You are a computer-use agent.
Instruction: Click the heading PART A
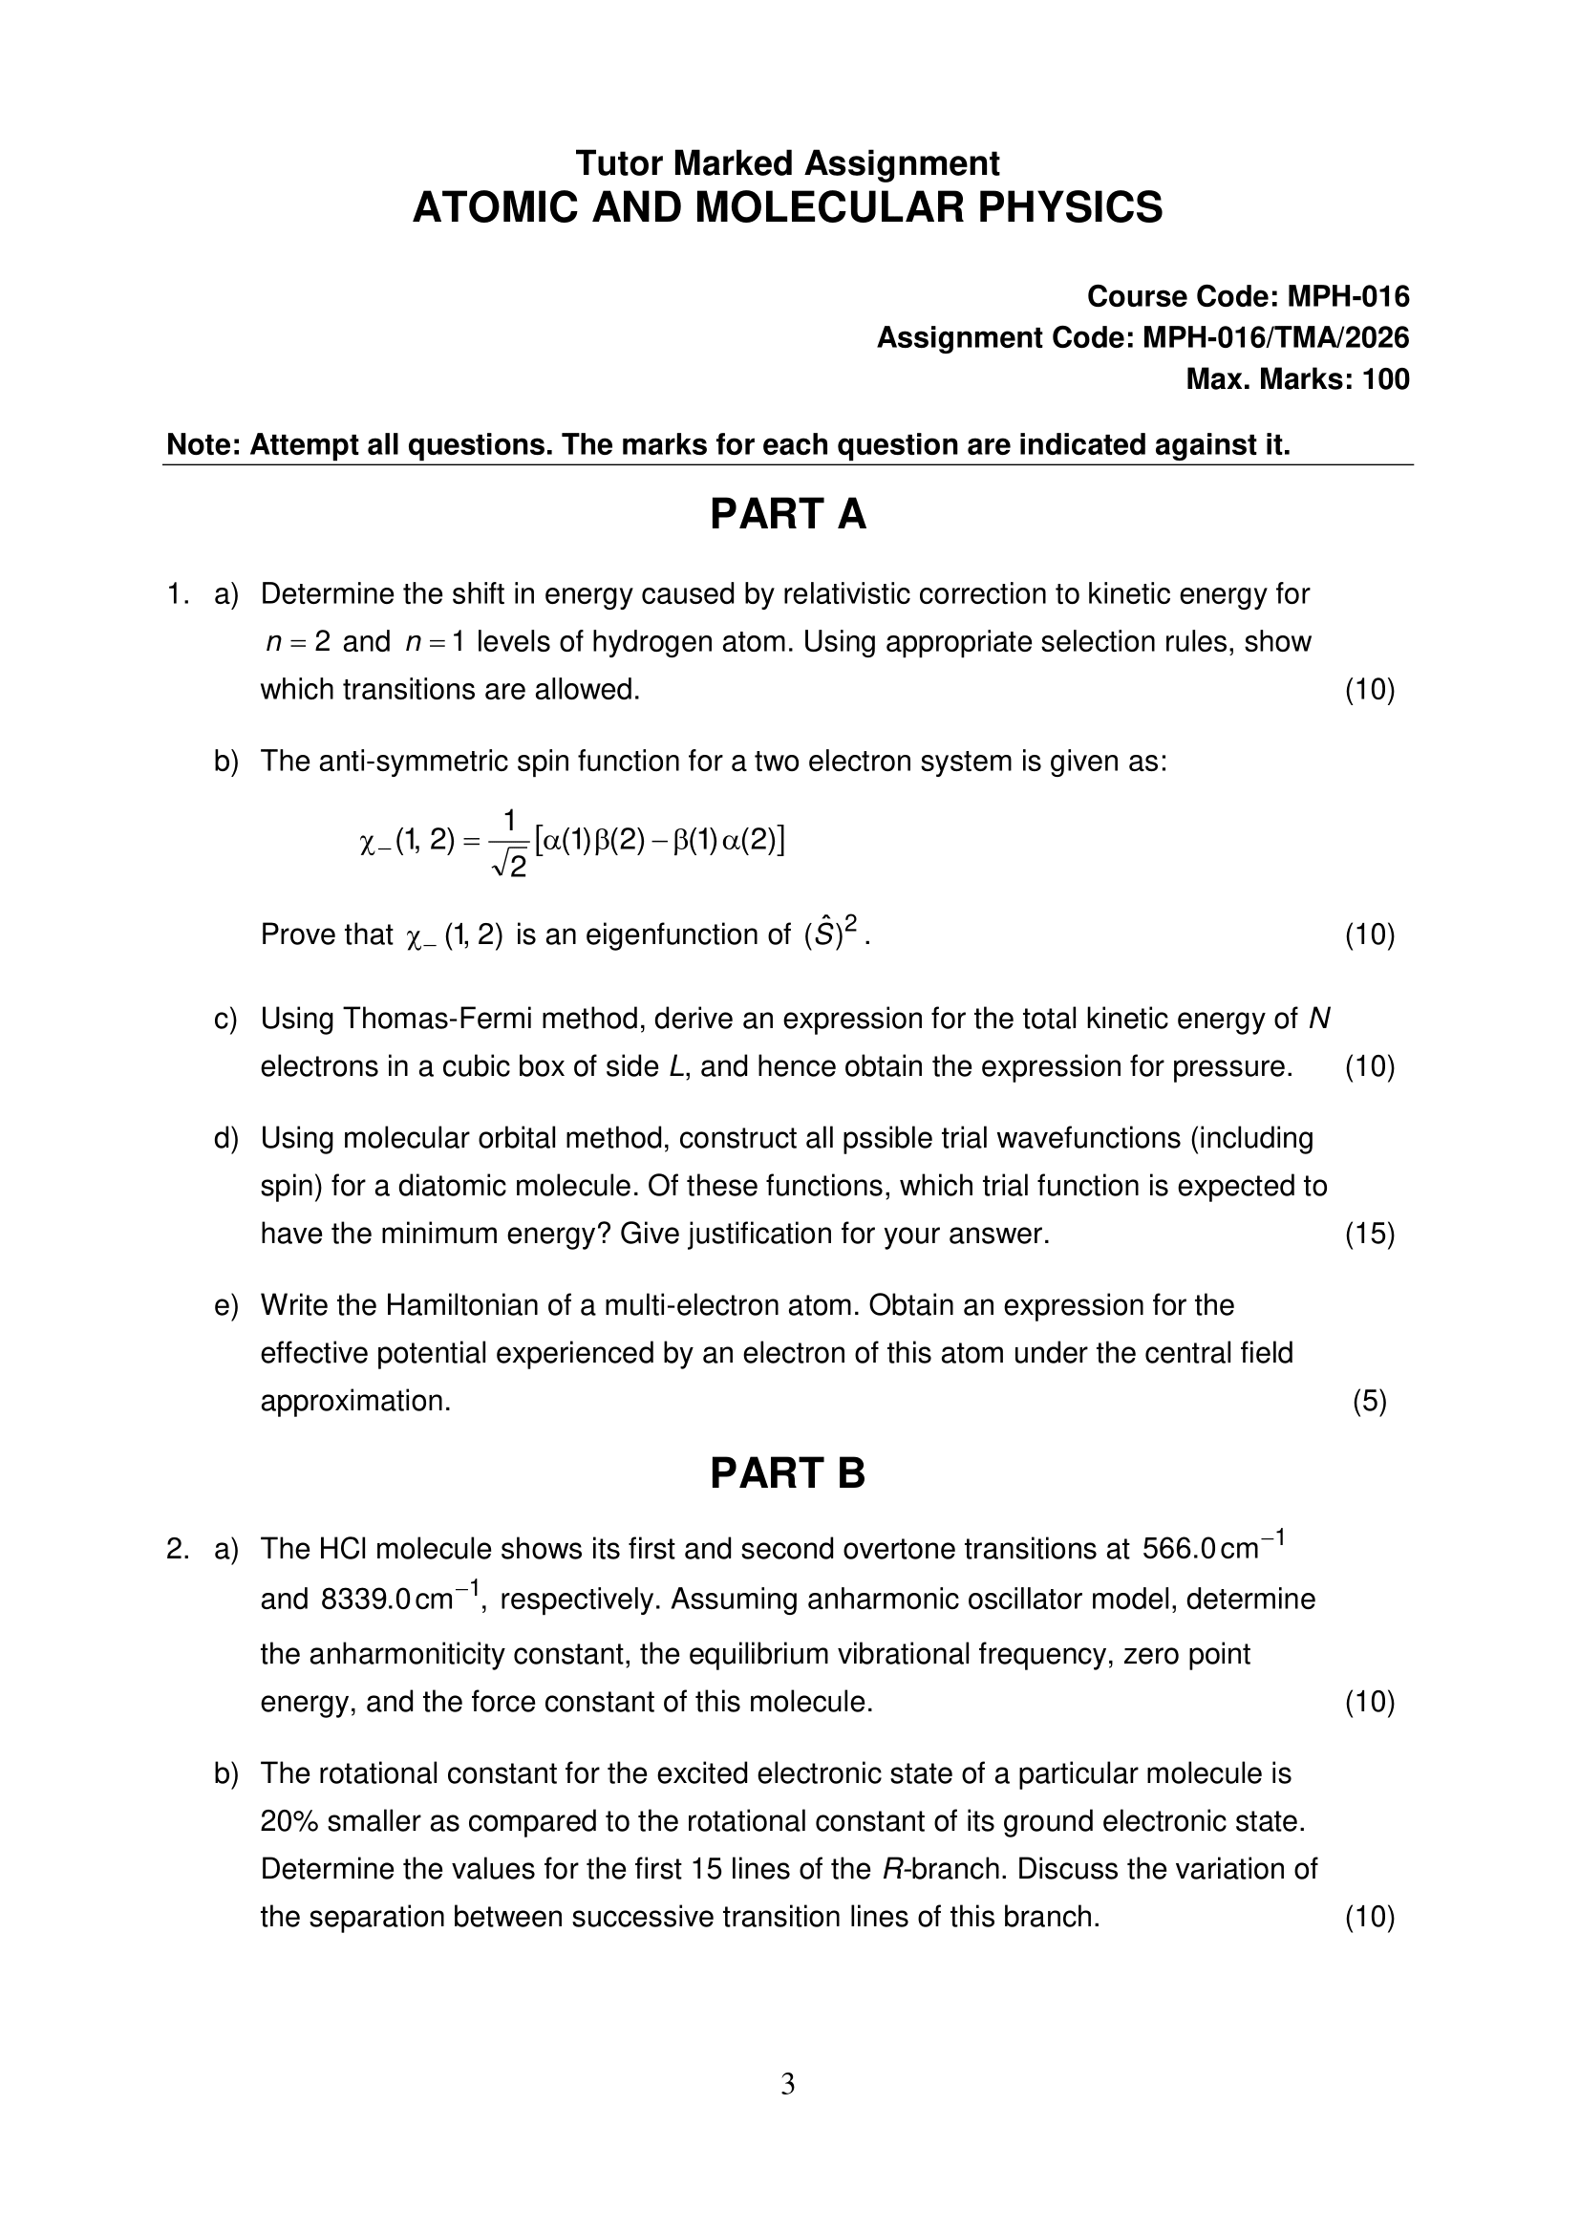click(x=787, y=514)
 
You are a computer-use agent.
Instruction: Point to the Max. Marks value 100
click(x=1385, y=378)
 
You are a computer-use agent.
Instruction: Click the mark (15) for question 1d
click(x=1370, y=1234)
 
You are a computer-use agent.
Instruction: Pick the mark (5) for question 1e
click(x=1370, y=1401)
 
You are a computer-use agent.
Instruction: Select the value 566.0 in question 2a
click(x=1178, y=1549)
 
